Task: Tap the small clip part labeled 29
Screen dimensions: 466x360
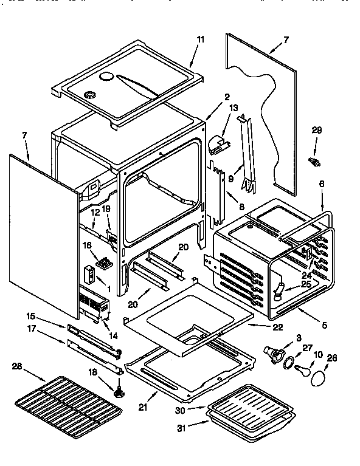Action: pyautogui.click(x=314, y=162)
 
